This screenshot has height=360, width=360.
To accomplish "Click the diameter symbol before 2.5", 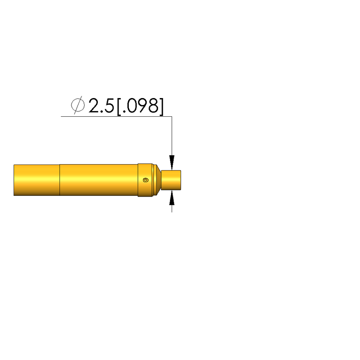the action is (x=78, y=105).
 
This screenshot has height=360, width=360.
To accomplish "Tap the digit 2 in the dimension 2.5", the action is (x=94, y=105).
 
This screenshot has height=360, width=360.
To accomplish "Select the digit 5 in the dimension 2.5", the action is (x=109, y=106).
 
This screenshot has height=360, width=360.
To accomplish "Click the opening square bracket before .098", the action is (x=119, y=107).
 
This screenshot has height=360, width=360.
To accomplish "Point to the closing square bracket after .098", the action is (x=162, y=107).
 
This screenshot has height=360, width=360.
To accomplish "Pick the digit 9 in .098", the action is (x=143, y=105).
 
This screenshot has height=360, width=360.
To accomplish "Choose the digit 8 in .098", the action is (x=153, y=105).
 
